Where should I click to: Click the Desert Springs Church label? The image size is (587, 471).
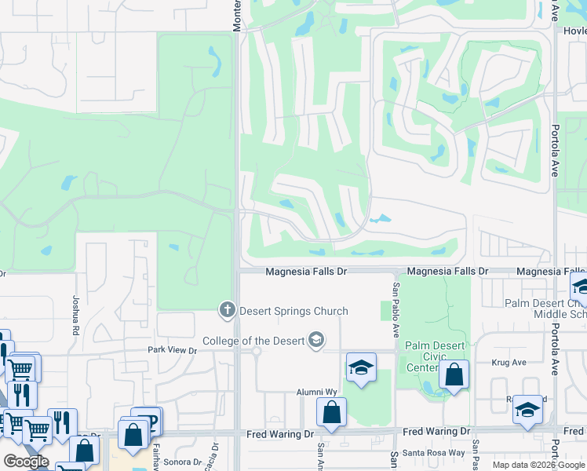pyautogui.click(x=293, y=311)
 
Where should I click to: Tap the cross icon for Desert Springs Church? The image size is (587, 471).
pyautogui.click(x=228, y=310)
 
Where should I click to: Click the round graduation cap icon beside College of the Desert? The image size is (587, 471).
pyautogui.click(x=316, y=340)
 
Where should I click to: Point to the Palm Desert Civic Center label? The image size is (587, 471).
pyautogui.click(x=435, y=356)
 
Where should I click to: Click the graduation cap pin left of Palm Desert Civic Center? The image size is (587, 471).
pyautogui.click(x=361, y=367)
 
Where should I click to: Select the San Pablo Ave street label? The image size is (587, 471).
pyautogui.click(x=397, y=301)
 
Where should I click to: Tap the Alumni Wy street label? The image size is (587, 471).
pyautogui.click(x=316, y=391)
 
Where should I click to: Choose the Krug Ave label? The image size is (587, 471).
pyautogui.click(x=509, y=362)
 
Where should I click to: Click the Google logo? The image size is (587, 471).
pyautogui.click(x=26, y=462)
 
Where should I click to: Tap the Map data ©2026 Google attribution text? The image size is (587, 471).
pyautogui.click(x=538, y=465)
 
